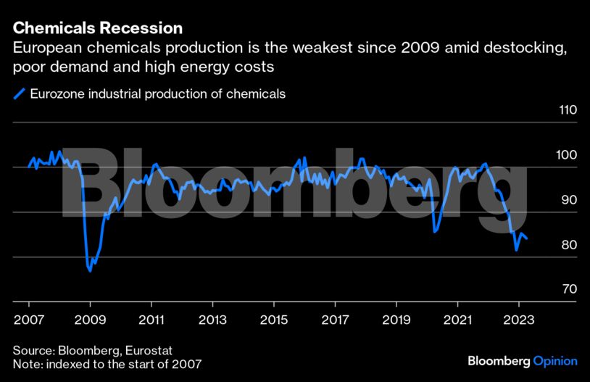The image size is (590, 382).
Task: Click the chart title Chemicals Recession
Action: (97, 28)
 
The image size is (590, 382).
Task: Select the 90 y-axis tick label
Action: (570, 201)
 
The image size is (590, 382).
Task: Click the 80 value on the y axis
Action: (570, 246)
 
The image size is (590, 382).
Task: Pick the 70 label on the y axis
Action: (570, 290)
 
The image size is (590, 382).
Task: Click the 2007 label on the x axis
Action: (28, 319)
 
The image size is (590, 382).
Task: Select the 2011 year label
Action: (151, 319)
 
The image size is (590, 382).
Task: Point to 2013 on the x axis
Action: (212, 319)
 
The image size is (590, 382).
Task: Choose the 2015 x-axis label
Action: (273, 319)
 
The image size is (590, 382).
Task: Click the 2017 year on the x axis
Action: (335, 319)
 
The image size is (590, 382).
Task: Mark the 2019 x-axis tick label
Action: (396, 319)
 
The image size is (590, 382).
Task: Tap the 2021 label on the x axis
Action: (457, 319)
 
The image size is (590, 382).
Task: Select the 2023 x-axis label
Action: (519, 319)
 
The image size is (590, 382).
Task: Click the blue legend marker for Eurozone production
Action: (19, 94)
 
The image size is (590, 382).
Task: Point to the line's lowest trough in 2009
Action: (90, 271)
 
